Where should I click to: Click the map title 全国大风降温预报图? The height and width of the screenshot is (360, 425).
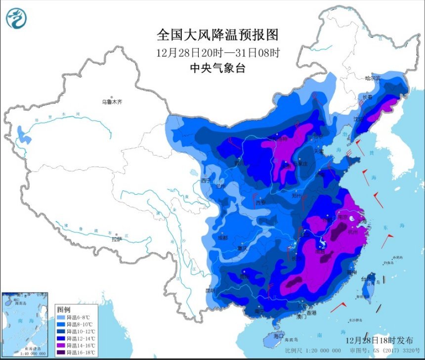pos(217,35)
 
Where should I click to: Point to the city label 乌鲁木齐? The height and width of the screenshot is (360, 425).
pos(112,102)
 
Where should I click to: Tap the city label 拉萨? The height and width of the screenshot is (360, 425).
pos(116,239)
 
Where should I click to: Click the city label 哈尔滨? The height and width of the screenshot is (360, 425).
pos(373,78)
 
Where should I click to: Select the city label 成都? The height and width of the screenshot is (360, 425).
pos(223,238)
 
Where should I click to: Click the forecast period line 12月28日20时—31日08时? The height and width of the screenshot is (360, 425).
pos(218,52)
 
